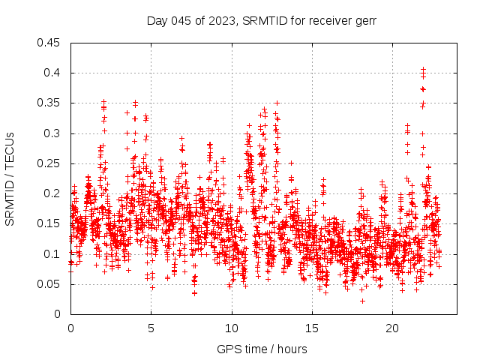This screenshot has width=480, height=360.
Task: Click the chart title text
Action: click(x=261, y=21)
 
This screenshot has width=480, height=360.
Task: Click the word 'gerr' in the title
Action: click(x=364, y=21)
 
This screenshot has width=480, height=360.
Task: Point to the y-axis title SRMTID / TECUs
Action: click(x=10, y=178)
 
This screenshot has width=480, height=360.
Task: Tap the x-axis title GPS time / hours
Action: click(x=261, y=349)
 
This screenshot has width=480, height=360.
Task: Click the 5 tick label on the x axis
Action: click(x=151, y=328)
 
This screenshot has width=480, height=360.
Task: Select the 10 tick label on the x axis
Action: click(x=232, y=328)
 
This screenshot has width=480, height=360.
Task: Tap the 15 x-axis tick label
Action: click(x=312, y=328)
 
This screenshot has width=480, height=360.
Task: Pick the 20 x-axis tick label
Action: click(x=393, y=328)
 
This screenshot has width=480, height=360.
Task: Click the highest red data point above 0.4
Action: click(x=423, y=69)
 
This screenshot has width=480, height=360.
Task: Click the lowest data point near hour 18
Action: click(x=362, y=301)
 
